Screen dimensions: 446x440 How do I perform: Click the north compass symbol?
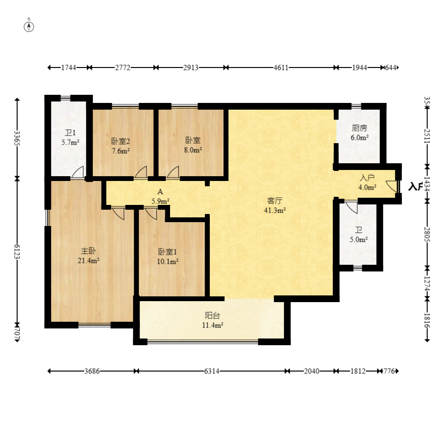tap(29, 26)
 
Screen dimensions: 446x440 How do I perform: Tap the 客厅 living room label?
tap(274, 201)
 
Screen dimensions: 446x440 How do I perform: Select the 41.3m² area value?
tap(275, 210)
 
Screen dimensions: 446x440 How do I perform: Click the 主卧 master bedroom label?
tap(88, 251)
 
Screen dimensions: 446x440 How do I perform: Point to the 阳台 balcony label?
tap(212, 315)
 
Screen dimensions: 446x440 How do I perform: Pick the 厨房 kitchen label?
tap(359, 128)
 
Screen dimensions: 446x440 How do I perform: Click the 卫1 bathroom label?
tap(70, 133)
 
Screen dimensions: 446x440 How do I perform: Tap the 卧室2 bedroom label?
tap(121, 141)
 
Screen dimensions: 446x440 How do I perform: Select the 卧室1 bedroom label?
tap(168, 251)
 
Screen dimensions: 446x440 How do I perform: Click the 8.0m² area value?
tap(193, 150)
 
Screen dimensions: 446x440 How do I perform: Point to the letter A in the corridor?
tap(160, 192)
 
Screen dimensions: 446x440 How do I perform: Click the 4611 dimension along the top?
tap(281, 68)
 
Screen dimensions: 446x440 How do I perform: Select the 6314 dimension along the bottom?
tap(212, 371)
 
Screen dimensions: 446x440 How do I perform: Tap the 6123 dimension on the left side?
tap(17, 251)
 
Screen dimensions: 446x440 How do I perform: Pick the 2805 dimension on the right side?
tap(427, 234)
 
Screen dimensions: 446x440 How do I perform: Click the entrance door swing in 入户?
tap(391, 186)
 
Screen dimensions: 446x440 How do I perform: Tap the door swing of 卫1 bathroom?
tap(78, 172)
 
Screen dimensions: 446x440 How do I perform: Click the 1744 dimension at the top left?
tap(69, 68)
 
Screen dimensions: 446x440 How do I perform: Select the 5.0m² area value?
tap(359, 239)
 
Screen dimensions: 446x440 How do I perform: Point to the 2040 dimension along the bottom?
tap(311, 371)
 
